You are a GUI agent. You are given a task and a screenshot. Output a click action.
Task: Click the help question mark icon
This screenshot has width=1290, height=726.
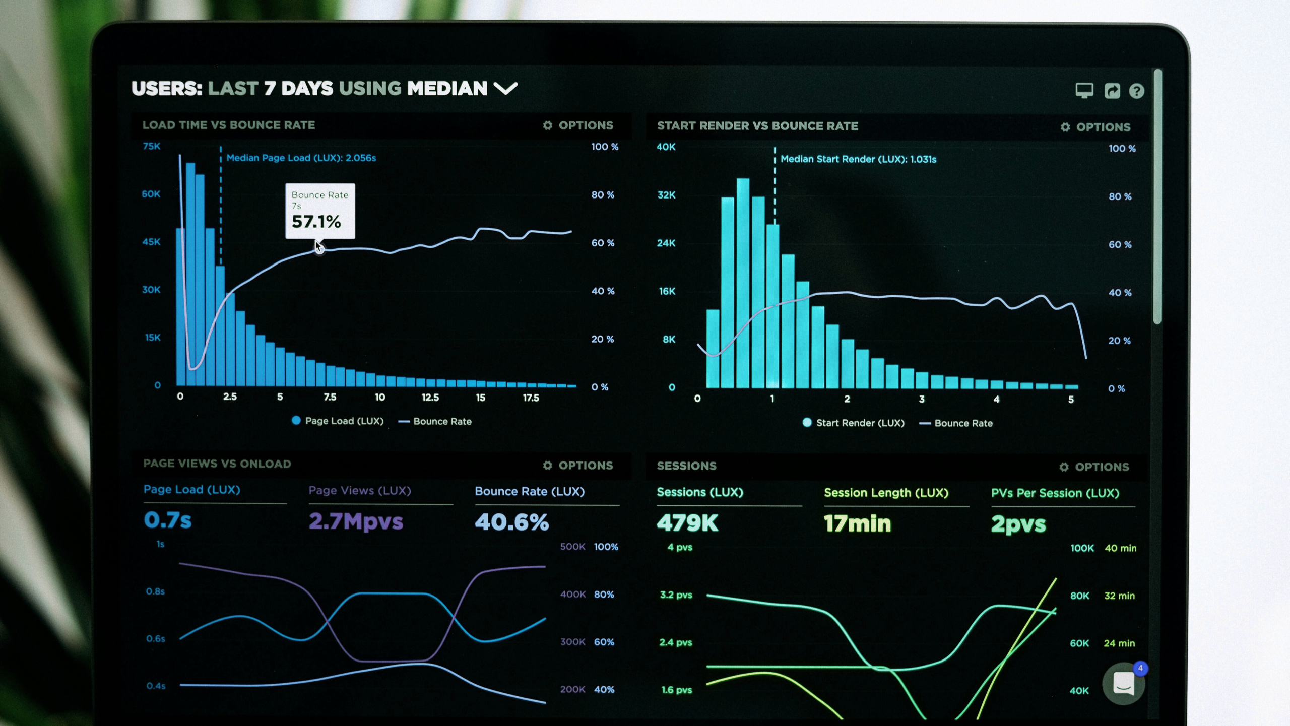coord(1136,91)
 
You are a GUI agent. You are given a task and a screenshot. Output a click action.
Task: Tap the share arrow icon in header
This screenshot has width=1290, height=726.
coord(1112,91)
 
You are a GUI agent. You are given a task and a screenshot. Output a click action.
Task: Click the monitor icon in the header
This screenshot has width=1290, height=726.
coord(1084,91)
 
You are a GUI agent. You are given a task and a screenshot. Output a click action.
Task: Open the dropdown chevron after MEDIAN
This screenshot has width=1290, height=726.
coord(505,89)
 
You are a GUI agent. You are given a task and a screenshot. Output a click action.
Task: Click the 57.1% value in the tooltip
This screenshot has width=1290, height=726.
coord(316,222)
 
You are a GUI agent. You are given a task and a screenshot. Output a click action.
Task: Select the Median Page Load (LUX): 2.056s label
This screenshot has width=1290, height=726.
coord(301,158)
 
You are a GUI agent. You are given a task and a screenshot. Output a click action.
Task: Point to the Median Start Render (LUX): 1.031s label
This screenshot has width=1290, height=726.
coord(858,159)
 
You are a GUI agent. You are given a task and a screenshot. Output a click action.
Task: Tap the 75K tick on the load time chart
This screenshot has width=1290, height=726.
coord(151,147)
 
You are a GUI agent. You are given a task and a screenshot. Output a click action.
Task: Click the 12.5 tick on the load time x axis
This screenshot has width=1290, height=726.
coord(430,398)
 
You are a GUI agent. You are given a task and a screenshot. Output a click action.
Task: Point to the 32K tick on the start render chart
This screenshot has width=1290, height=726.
coord(666,195)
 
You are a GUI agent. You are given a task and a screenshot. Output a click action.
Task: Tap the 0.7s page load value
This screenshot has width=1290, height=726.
coord(168,520)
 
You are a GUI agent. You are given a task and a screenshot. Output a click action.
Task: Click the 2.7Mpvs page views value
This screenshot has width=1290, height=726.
coord(356,521)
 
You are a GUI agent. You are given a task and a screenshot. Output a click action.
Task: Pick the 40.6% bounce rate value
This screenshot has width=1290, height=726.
coord(511,522)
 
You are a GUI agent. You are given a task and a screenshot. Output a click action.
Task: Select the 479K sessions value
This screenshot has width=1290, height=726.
coord(687,523)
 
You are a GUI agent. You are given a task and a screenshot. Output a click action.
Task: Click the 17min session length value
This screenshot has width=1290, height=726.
coord(857,523)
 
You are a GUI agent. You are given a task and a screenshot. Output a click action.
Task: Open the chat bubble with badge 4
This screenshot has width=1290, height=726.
coord(1123,684)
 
